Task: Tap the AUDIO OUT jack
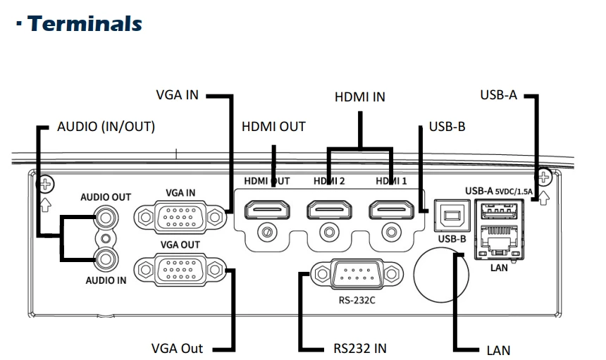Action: click(x=106, y=218)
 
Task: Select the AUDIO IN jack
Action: click(x=106, y=259)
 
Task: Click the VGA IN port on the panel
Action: click(x=180, y=217)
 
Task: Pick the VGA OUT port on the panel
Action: click(x=180, y=270)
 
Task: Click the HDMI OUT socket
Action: click(x=267, y=210)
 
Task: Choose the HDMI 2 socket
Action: click(x=329, y=210)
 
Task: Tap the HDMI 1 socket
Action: click(x=392, y=210)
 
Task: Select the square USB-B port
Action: click(x=452, y=216)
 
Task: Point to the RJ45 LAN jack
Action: click(x=499, y=242)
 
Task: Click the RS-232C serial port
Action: click(x=357, y=274)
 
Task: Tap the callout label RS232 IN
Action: click(x=360, y=349)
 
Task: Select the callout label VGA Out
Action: click(x=177, y=349)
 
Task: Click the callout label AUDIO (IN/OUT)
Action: click(x=106, y=127)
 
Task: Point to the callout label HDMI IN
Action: click(x=360, y=97)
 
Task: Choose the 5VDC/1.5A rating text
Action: click(x=514, y=192)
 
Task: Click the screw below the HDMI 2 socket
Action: click(x=329, y=232)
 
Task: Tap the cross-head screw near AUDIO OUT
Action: click(x=45, y=185)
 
